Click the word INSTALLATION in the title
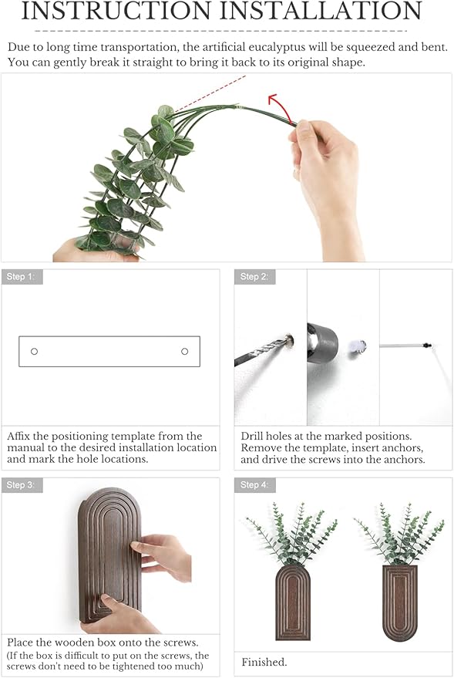(320, 12)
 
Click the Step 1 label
(21, 277)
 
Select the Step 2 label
(254, 277)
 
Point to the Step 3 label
(21, 485)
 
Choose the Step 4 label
(254, 485)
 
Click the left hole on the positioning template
(34, 352)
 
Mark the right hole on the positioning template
(184, 352)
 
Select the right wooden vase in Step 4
(399, 602)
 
